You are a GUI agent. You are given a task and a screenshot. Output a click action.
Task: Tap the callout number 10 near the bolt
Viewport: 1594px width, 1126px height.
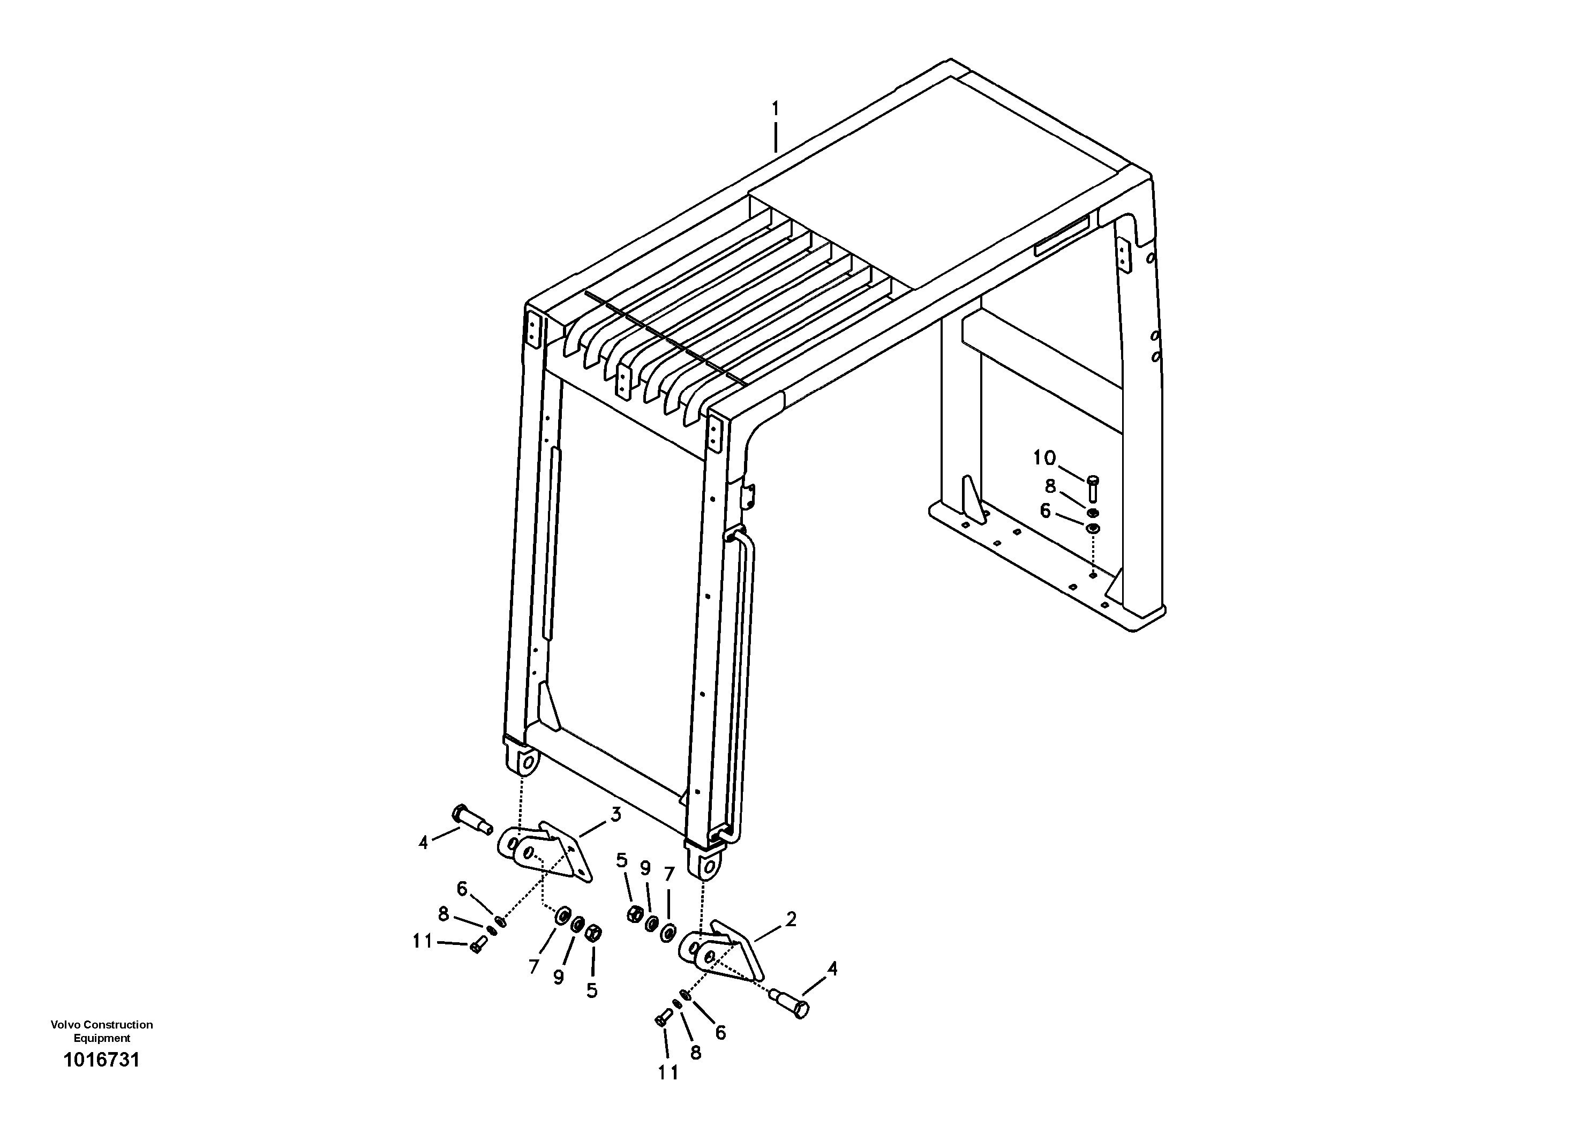tap(1044, 457)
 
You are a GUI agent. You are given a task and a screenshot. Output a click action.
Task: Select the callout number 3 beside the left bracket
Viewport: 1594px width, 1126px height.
tap(615, 815)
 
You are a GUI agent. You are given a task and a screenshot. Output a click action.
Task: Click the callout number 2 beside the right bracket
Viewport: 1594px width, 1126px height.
tap(790, 919)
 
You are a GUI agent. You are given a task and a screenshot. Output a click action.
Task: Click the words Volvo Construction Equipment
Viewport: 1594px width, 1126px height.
tap(101, 1031)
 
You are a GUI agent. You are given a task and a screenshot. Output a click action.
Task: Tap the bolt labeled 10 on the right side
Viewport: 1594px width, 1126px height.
tap(1092, 487)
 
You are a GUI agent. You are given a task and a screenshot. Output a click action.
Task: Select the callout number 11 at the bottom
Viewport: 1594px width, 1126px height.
tap(668, 1072)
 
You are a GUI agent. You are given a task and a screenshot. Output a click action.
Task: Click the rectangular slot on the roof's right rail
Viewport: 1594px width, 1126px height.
tap(1062, 235)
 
